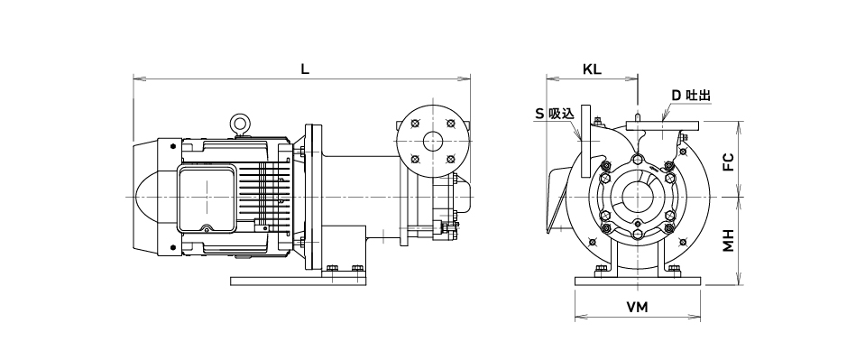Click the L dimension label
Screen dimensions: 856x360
(305, 69)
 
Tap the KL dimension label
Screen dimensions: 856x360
(592, 69)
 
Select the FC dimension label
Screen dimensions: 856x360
(729, 162)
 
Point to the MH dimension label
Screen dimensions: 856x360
(729, 240)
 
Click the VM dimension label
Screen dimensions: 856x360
(637, 308)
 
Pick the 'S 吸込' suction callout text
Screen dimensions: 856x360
(555, 114)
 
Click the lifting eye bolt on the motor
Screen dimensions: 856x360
(239, 124)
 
